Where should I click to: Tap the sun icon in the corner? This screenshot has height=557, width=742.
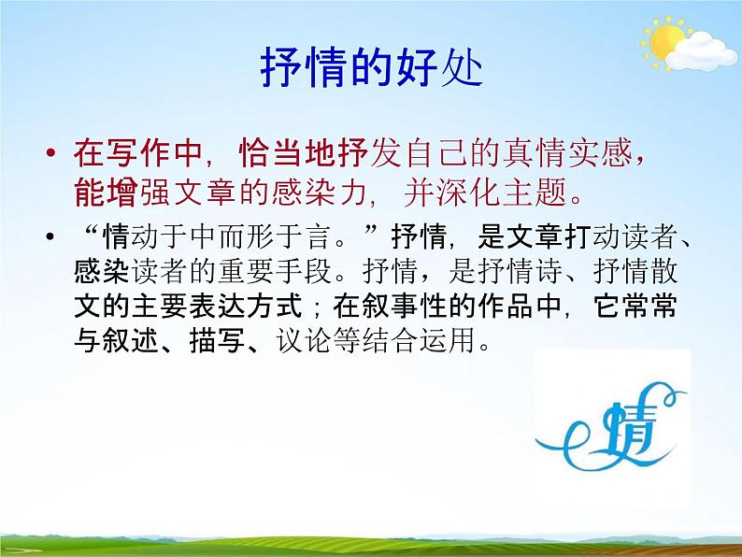[665, 42]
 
